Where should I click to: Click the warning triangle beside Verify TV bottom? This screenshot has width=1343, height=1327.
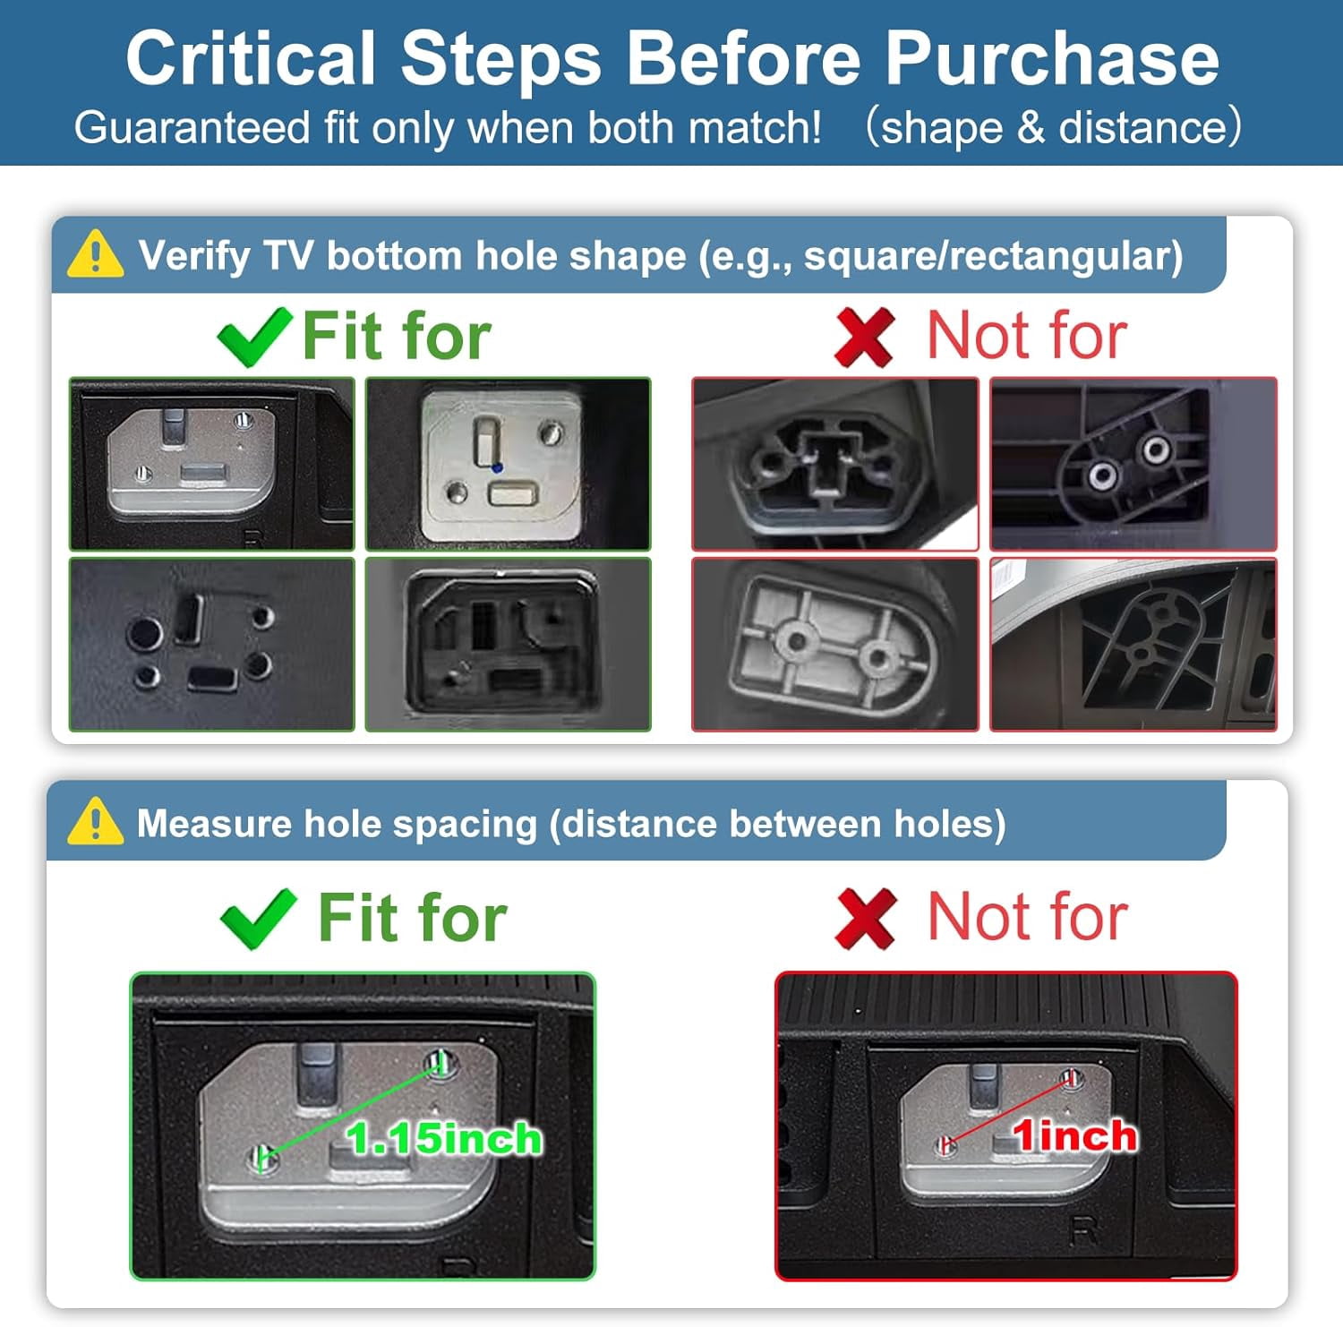pyautogui.click(x=95, y=254)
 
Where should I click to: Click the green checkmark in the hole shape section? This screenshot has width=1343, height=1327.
pyautogui.click(x=255, y=336)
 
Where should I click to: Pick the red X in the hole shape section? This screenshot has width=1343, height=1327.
pyautogui.click(x=864, y=337)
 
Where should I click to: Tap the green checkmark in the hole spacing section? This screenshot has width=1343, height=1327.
pyautogui.click(x=259, y=920)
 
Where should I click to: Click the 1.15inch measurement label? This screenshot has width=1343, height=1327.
pyautogui.click(x=444, y=1139)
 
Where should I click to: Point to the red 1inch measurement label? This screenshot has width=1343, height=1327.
pyautogui.click(x=1074, y=1136)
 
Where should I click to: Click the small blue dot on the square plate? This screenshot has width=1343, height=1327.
pyautogui.click(x=497, y=467)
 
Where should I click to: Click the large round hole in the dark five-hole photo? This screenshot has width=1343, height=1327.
pyautogui.click(x=145, y=634)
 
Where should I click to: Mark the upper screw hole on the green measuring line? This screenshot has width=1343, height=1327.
pyautogui.click(x=439, y=1063)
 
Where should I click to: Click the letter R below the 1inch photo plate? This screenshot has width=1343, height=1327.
pyautogui.click(x=1082, y=1233)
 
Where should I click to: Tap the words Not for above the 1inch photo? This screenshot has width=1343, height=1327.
pyautogui.click(x=1028, y=917)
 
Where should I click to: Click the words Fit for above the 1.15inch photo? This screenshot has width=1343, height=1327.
pyautogui.click(x=413, y=918)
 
